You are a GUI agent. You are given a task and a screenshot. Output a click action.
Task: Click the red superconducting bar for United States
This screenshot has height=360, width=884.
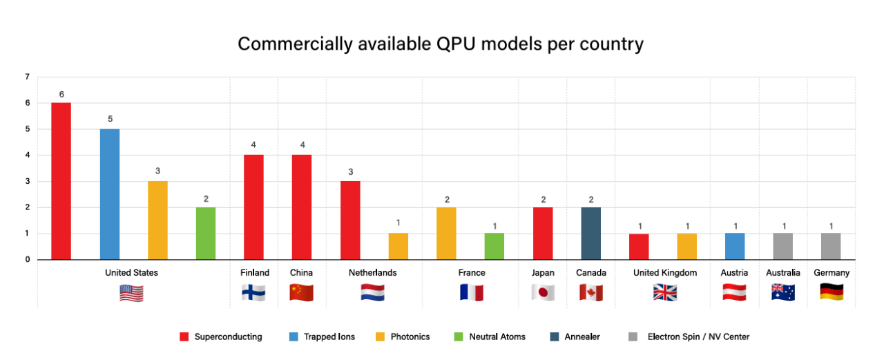pos(61,181)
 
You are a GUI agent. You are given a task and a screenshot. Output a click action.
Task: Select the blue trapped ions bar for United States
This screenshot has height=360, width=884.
pos(110,194)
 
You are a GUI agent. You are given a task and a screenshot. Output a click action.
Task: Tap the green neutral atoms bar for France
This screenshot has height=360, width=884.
pos(494,246)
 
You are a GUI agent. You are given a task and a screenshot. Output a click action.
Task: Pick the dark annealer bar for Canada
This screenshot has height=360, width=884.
pos(590,234)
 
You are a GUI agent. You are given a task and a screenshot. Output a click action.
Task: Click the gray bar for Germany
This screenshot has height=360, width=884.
pos(831,246)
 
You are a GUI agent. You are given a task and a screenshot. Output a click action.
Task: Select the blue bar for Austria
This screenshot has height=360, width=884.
pos(734,246)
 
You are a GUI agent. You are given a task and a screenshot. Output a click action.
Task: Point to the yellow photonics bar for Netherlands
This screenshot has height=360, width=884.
pos(398,246)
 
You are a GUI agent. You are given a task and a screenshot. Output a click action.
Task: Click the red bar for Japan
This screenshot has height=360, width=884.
pos(543,234)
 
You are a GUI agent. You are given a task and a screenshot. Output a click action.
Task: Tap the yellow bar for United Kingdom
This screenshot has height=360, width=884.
pos(686,246)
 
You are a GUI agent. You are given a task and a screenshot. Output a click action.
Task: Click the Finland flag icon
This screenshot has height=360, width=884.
pos(253,292)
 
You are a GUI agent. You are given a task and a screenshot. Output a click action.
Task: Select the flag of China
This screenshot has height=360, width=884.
pos(301,292)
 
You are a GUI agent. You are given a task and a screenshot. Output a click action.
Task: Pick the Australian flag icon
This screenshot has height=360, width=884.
pos(782,292)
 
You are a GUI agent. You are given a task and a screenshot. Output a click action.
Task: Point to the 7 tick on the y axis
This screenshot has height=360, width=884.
pos(27,77)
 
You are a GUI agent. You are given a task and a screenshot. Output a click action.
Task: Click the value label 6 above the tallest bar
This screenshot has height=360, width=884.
pos(61,94)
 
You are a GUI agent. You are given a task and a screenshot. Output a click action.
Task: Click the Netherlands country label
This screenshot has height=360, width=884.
pos(372,273)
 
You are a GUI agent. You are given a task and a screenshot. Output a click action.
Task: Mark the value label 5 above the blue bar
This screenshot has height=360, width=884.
pos(110,120)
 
